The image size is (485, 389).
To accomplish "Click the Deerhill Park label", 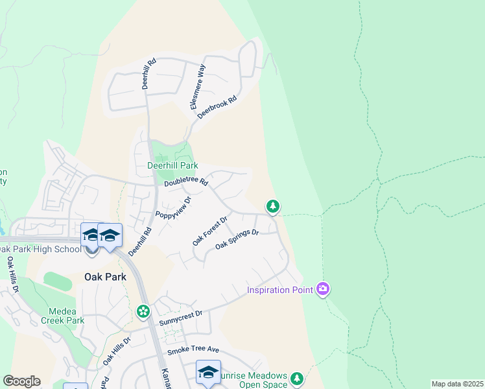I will tap(172, 166).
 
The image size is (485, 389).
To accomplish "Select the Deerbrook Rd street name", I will tap(217, 107).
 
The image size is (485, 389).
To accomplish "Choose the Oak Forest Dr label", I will tap(209, 231).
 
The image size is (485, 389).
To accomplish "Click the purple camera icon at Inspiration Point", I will tap(323, 289).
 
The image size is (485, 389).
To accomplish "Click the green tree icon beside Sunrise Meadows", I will tap(297, 378).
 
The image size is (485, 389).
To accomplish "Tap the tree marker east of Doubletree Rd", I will tap(273, 207).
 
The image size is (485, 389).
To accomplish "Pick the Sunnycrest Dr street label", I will tap(181, 318).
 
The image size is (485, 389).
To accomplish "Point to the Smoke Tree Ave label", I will tap(193, 351).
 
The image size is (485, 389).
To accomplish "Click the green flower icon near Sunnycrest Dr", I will tap(143, 312).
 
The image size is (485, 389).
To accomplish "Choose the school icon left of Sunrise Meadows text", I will tap(208, 372).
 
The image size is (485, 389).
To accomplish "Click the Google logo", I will tap(21, 381).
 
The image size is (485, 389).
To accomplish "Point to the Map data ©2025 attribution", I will tap(456, 384).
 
